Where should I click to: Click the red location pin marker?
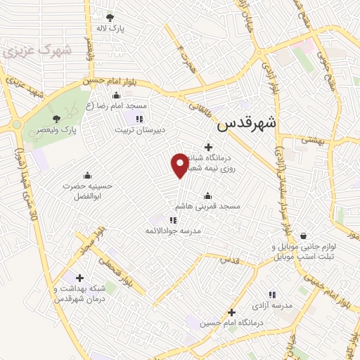tap(181, 165)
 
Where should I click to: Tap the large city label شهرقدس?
tap(247, 124)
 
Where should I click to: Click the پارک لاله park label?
tap(110, 29)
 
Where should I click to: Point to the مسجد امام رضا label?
tap(117, 105)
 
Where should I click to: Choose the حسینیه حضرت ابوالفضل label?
tap(87, 191)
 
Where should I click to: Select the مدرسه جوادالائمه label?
tap(174, 231)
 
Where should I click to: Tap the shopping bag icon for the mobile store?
tap(304, 236)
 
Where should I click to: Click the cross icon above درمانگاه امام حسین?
tap(231, 311)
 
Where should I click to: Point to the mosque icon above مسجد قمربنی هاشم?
tap(207, 196)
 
